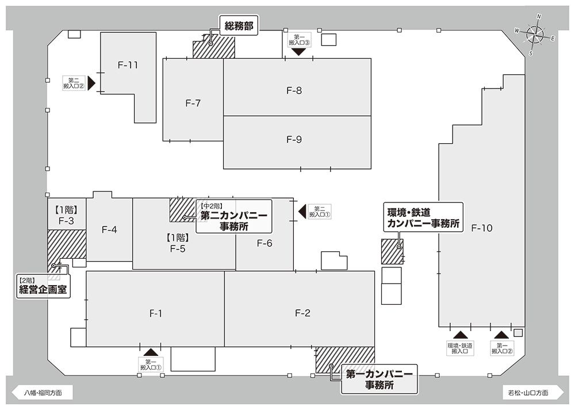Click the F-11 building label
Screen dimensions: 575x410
[128, 66]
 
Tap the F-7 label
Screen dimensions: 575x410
[193, 104]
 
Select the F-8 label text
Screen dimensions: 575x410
[294, 91]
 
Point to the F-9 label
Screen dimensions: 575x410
[294, 139]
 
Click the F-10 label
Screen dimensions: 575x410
[481, 228]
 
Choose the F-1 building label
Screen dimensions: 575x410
[156, 313]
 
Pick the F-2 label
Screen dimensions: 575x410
[302, 313]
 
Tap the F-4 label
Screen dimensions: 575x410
[109, 230]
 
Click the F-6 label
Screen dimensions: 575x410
[264, 243]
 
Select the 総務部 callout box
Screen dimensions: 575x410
[239, 25]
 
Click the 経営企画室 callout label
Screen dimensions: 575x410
[43, 286]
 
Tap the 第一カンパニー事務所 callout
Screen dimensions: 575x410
[379, 379]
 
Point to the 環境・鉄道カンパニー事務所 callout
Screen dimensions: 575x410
[423, 217]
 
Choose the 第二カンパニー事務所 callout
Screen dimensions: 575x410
[234, 216]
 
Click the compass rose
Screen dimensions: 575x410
[535, 35]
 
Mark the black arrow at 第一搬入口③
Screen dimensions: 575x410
[299, 52]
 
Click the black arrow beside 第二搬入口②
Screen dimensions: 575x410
[91, 83]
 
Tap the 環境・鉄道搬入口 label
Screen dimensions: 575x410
[460, 348]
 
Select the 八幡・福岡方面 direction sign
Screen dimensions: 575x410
[43, 393]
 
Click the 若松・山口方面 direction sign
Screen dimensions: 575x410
[533, 393]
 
